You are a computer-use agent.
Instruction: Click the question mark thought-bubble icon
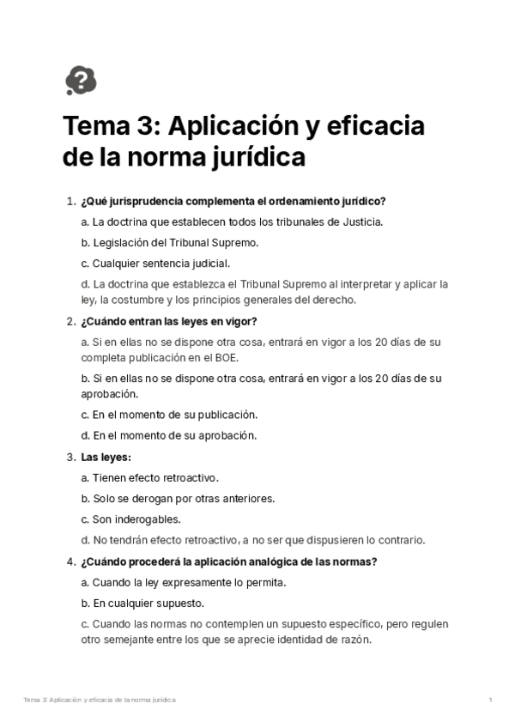81,80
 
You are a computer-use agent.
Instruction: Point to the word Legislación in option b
122,242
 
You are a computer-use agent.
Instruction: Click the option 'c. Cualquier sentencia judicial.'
155,264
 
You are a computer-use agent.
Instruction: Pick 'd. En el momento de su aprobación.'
168,435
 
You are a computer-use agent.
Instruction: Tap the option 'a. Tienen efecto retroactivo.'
149,477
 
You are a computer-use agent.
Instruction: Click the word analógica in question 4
257,561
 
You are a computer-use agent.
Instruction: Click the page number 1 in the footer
490,701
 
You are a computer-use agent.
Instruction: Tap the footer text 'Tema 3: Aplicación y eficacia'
73,701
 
